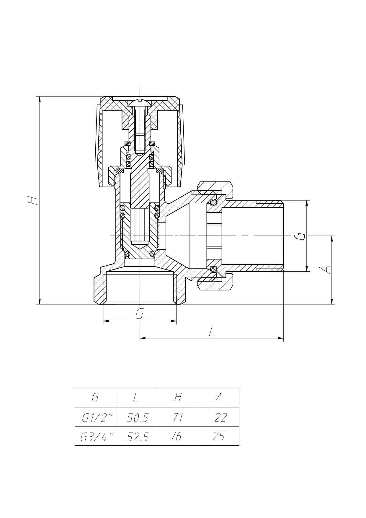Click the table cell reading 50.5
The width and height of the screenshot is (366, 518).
coord(137,418)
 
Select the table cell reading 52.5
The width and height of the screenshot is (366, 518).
coord(137,437)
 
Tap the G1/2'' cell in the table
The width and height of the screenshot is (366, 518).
coord(96,418)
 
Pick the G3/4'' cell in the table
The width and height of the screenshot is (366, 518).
coord(96,437)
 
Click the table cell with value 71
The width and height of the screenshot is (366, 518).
coord(177,418)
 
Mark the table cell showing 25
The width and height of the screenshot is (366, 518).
coord(218,436)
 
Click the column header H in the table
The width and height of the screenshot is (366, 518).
coord(177,398)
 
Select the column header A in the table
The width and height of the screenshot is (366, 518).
coord(218,398)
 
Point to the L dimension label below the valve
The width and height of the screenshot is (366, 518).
coord(211,332)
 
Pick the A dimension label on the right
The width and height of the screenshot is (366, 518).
coord(325,269)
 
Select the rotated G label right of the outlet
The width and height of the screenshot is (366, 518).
coord(300,236)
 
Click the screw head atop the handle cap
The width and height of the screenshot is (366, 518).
coord(140,103)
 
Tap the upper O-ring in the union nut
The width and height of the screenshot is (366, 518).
coord(213,202)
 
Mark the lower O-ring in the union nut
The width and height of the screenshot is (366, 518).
coord(213,269)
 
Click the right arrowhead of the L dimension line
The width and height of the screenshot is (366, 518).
coord(280,338)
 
